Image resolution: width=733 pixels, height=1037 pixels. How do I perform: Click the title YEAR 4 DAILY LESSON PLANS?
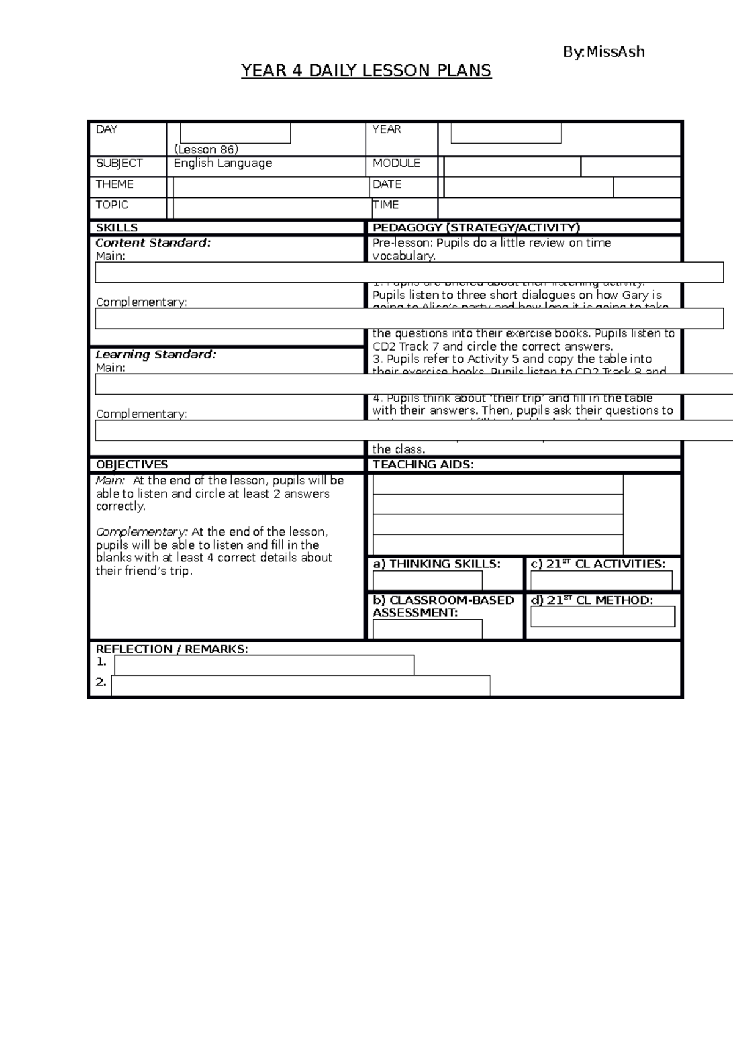[x=366, y=71]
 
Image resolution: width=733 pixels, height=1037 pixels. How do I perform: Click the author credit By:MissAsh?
[x=604, y=52]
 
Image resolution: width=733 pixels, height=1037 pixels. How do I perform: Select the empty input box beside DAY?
[x=235, y=133]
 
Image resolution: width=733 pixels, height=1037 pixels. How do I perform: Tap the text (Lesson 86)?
[x=206, y=150]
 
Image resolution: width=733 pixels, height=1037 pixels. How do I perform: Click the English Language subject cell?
[x=222, y=163]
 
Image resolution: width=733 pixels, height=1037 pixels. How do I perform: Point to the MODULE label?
[x=396, y=163]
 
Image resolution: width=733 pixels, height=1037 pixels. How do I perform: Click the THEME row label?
[x=114, y=184]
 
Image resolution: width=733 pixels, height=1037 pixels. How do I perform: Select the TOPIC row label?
[x=112, y=205]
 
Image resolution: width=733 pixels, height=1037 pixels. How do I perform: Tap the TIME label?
[x=385, y=205]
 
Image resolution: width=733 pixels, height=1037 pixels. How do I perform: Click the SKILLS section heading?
[x=117, y=228]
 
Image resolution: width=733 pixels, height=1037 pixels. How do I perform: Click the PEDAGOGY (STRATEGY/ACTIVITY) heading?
[x=476, y=228]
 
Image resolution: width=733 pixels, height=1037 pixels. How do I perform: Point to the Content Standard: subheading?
[x=153, y=242]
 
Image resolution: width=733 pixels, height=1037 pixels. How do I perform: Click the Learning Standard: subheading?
[x=155, y=354]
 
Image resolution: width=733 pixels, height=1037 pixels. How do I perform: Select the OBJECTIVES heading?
[x=131, y=465]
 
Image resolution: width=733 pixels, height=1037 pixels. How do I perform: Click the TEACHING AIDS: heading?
[x=423, y=465]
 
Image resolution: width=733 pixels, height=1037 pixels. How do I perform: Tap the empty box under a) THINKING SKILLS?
[x=427, y=580]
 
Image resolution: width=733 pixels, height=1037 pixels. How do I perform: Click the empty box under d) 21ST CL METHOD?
[x=602, y=617]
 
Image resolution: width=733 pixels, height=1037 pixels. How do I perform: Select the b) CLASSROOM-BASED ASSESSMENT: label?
[x=443, y=606]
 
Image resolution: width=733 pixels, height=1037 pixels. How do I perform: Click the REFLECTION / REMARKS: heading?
[x=172, y=649]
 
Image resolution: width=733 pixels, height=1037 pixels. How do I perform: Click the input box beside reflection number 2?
[x=301, y=685]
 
